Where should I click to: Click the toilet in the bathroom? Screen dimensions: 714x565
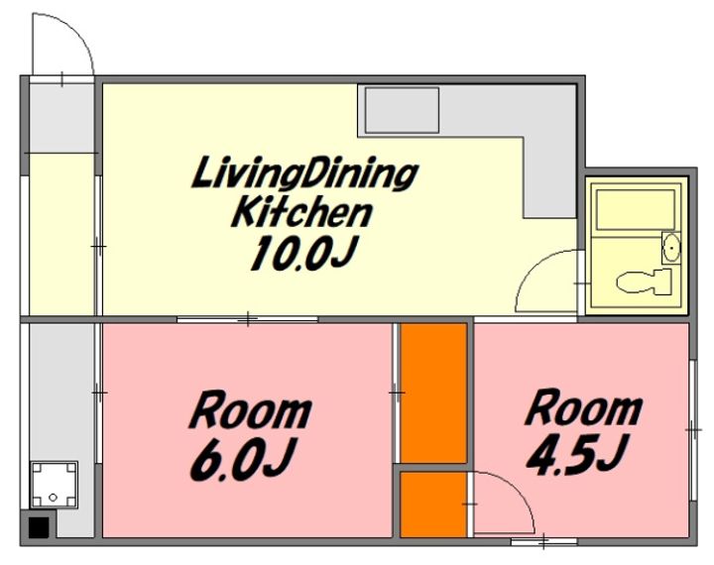click(x=644, y=282)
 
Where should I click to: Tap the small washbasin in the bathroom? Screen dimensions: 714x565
click(x=670, y=248)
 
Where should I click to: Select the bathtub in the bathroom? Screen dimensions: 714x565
click(x=636, y=210)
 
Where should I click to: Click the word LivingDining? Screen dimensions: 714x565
click(x=304, y=173)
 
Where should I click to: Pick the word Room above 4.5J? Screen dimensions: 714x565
click(x=583, y=406)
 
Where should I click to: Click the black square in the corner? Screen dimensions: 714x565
click(x=39, y=527)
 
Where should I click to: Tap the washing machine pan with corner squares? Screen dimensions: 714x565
click(x=54, y=485)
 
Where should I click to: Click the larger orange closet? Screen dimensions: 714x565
click(x=433, y=393)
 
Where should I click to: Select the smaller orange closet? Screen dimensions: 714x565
click(x=433, y=505)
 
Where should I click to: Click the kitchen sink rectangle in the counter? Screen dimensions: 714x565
click(x=402, y=110)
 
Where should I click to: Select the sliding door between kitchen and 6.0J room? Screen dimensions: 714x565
click(x=247, y=319)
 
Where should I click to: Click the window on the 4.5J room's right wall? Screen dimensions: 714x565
click(x=693, y=430)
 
